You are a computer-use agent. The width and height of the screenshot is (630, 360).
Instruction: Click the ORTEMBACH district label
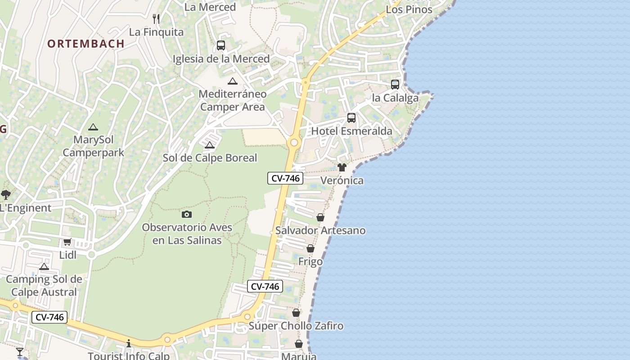[85, 44]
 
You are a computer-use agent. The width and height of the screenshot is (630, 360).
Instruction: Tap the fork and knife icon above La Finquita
[156, 18]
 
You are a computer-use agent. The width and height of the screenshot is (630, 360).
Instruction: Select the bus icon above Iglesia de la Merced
[220, 45]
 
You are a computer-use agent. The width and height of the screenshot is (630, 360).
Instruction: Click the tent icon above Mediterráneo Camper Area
[232, 81]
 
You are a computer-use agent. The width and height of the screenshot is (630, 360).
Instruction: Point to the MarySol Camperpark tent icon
[93, 127]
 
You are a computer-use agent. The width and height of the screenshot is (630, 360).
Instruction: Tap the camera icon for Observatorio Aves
[187, 215]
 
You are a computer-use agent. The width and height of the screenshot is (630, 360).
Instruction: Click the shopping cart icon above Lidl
[67, 242]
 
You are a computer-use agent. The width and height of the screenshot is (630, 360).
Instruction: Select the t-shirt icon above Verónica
[342, 167]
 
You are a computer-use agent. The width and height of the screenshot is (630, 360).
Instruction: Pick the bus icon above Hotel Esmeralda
[351, 118]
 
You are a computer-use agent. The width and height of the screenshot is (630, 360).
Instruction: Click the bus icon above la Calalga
[395, 85]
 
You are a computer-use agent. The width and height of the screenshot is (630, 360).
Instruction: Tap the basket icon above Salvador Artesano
[320, 218]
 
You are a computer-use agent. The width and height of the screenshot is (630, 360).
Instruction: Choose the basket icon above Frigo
[310, 248]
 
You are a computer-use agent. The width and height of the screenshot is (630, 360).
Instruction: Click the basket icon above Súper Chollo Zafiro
[296, 313]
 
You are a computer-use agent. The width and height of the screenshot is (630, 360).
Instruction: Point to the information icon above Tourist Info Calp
[129, 344]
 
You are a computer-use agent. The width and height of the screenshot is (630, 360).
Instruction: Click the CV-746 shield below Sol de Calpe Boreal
[285, 178]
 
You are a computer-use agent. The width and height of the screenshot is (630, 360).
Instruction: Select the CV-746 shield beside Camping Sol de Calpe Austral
[49, 317]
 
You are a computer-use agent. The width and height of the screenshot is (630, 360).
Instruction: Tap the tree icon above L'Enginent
[6, 195]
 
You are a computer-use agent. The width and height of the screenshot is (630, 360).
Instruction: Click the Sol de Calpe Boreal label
[210, 158]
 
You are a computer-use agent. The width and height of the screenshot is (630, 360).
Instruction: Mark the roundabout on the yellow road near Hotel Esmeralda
[294, 143]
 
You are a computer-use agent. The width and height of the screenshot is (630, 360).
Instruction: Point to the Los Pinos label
[409, 9]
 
